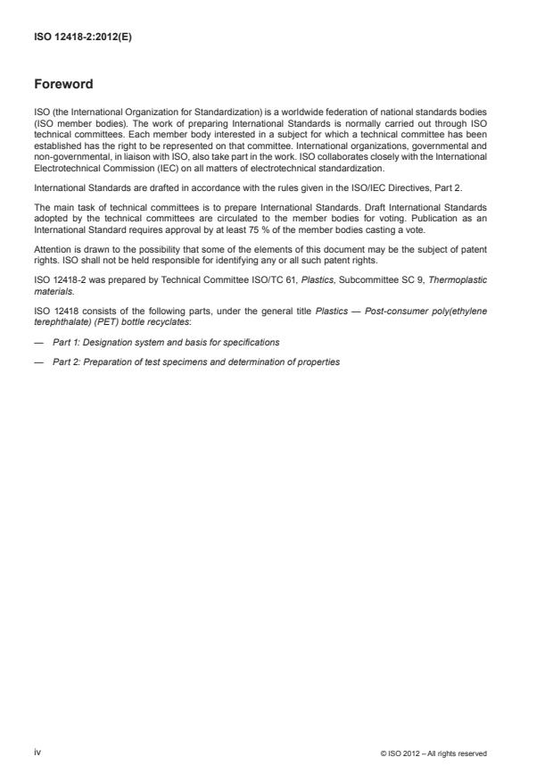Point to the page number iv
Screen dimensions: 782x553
coord(37,752)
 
